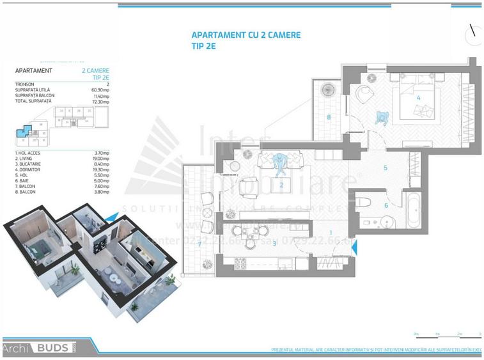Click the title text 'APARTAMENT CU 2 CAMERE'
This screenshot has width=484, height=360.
(x=246, y=35)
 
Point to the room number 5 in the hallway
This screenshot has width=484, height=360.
(x=386, y=169)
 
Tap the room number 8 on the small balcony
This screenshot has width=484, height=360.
(x=328, y=117)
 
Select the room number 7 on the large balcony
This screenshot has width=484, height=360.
(x=199, y=244)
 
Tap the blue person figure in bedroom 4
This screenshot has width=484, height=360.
(x=382, y=118)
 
